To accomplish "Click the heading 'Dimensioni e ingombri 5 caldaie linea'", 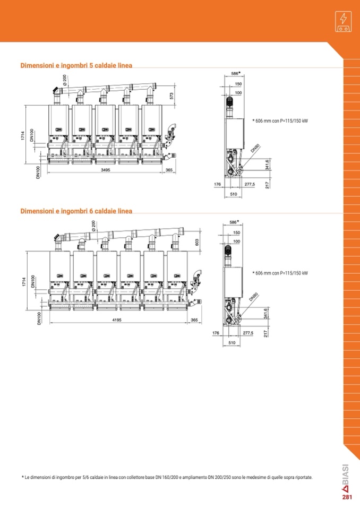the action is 76,65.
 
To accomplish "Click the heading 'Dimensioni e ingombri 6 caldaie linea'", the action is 76,211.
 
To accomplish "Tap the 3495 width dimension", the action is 106,170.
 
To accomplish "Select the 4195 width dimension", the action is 117,320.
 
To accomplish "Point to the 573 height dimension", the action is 172,96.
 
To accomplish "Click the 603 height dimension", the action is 196,243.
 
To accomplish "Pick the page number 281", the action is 347,497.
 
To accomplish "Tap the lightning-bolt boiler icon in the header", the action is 343,21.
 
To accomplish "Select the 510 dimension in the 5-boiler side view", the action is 234,194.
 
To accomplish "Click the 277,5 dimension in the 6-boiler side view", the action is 248,333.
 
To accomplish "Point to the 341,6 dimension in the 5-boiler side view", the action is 267,165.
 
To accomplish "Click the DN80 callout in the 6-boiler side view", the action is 253,297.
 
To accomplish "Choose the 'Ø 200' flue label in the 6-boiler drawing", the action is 93,226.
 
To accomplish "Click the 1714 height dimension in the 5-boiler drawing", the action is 22,136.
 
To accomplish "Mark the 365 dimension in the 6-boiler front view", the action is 194,320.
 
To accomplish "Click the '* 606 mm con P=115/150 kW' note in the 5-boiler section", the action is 280,121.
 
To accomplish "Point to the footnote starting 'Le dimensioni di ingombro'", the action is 167,478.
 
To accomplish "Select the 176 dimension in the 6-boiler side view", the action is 216,333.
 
